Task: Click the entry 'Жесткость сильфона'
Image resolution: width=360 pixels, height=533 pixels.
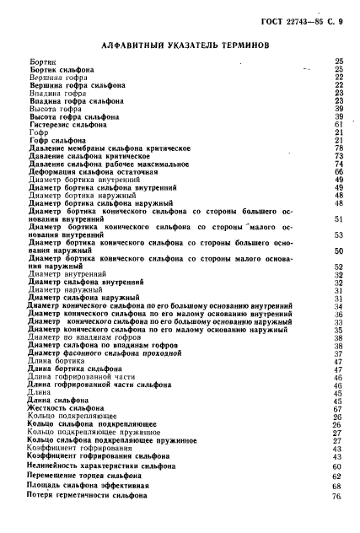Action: click(x=67, y=408)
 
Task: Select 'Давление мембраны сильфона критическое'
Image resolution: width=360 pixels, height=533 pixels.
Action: click(x=106, y=148)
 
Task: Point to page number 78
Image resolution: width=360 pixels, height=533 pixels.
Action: click(x=337, y=148)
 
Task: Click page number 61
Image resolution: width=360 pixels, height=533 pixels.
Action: click(x=337, y=124)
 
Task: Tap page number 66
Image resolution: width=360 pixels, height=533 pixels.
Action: click(x=337, y=171)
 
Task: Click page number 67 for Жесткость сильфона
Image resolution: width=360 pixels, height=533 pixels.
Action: click(x=337, y=408)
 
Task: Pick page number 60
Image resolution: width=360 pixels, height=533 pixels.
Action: click(x=337, y=466)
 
